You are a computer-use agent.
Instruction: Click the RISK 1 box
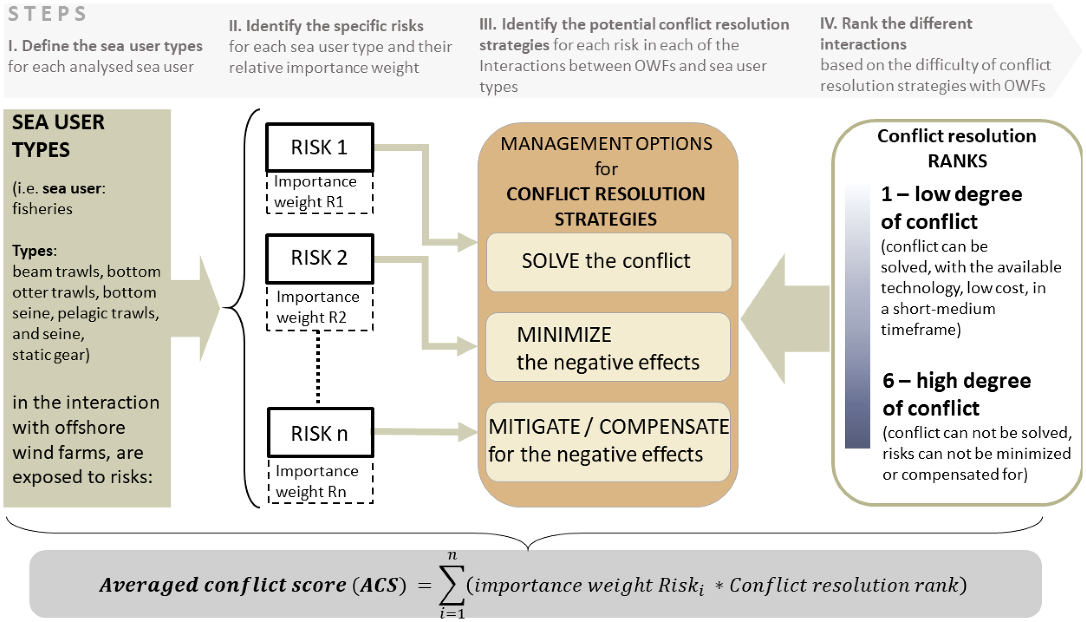point(320,147)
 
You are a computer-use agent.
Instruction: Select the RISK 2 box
point(320,258)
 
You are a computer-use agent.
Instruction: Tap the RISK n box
point(320,433)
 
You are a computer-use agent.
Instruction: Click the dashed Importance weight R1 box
point(320,192)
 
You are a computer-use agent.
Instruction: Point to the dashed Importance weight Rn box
point(320,481)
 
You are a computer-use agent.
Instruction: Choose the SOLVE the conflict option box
point(608,262)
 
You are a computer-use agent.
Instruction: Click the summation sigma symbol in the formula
point(452,585)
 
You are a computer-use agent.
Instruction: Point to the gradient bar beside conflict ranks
point(857,316)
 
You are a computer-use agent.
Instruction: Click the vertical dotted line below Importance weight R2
point(318,367)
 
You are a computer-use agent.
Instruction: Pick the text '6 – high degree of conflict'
point(956,394)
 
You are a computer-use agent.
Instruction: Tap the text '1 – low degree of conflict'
point(951,207)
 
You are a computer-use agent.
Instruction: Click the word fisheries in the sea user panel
point(42,209)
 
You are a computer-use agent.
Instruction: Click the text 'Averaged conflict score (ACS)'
point(252,585)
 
